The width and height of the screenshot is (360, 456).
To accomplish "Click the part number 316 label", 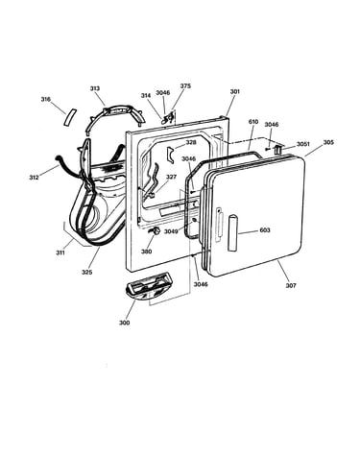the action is (x=45, y=99).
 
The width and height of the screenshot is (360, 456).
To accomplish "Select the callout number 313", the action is (x=95, y=88).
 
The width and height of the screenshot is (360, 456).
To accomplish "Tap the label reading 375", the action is (x=185, y=85).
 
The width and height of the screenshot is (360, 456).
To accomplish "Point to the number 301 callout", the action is (x=235, y=91).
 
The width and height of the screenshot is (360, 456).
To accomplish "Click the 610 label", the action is (x=253, y=122).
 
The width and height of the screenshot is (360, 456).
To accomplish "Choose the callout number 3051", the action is (x=302, y=144).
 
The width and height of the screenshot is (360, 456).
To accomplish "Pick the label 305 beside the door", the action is (x=328, y=142).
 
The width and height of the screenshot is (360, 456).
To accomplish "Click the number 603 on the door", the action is (x=265, y=230).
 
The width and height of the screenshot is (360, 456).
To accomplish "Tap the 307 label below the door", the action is (x=291, y=285).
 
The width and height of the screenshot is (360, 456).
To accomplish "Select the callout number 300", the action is (x=124, y=323).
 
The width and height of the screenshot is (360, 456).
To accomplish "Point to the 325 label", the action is (x=86, y=272).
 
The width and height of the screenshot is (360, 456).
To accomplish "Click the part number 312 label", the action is (x=34, y=178).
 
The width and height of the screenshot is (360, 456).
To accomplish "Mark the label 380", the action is (x=146, y=252).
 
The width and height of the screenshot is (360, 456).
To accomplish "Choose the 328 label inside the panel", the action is (x=191, y=143).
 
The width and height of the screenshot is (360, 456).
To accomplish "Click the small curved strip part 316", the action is (x=70, y=118).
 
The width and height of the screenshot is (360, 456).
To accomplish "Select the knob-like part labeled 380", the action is (x=155, y=231).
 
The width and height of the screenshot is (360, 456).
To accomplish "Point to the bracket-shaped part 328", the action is (x=170, y=154).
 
